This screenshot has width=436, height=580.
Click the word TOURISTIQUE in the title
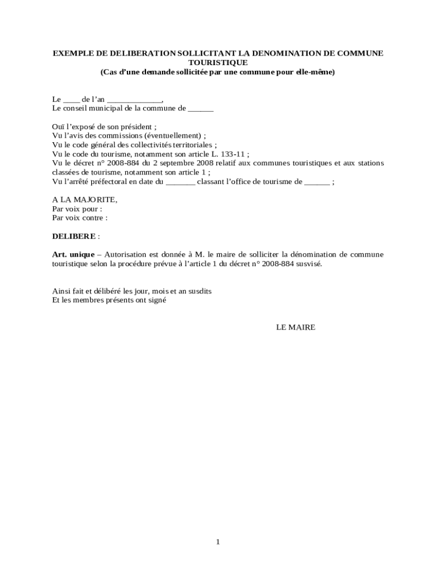(218, 63)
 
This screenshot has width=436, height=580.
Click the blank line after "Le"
(71, 100)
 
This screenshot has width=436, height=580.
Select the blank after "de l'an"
(134, 100)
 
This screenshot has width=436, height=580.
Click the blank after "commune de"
(200, 108)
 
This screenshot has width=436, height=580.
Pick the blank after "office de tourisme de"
(317, 182)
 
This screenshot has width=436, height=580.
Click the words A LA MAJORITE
(84, 199)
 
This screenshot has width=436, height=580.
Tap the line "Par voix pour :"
(77, 208)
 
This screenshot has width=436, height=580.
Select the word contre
(93, 217)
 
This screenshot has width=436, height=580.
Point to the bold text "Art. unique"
(73, 254)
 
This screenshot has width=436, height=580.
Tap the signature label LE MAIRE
(296, 327)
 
